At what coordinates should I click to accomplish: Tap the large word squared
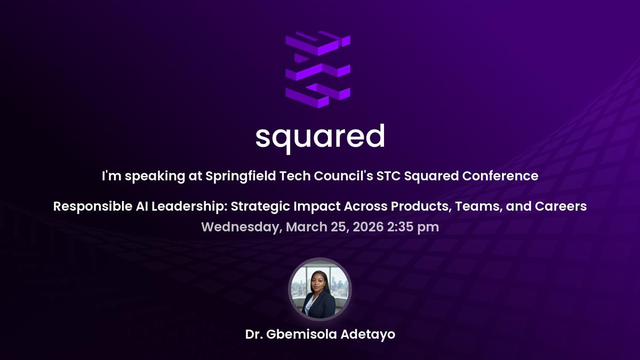click(x=319, y=138)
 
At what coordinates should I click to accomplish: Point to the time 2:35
click(x=401, y=227)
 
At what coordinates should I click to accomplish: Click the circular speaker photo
click(x=320, y=290)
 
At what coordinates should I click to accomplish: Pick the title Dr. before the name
click(x=254, y=335)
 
